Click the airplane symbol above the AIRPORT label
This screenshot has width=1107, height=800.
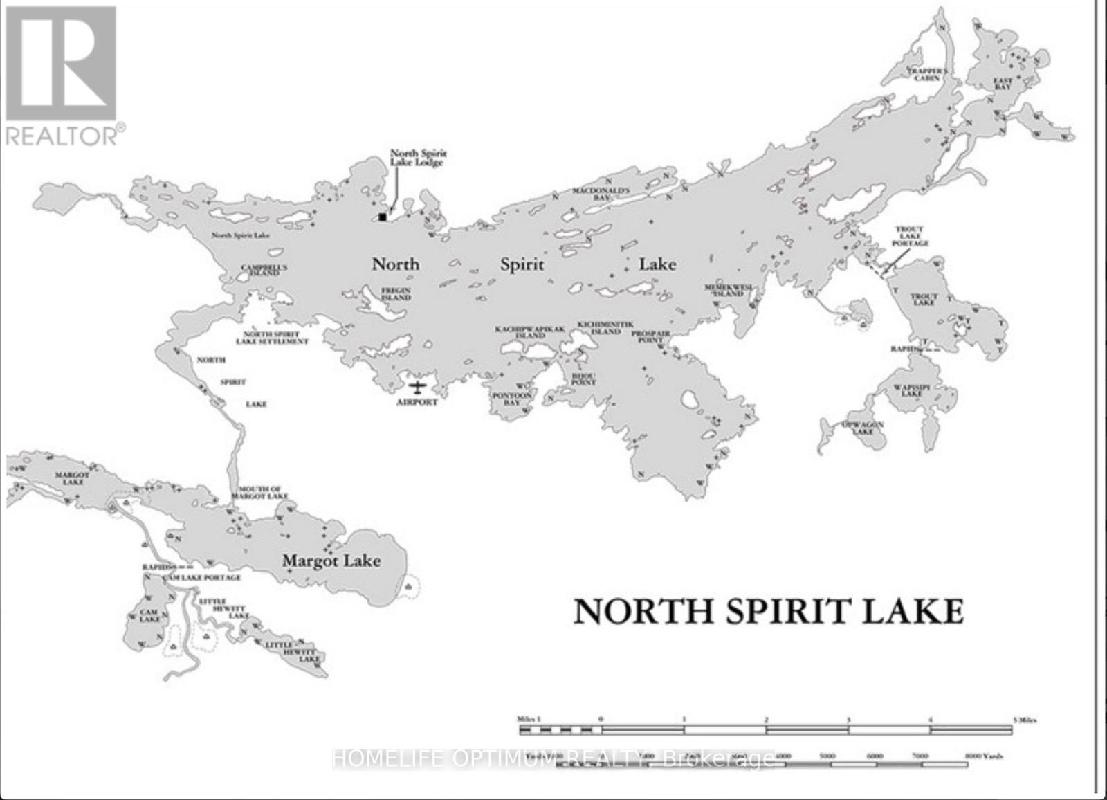pyautogui.click(x=417, y=387)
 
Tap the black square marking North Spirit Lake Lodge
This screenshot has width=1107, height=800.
pyautogui.click(x=383, y=217)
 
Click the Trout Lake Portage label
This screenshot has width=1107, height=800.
pyautogui.click(x=909, y=236)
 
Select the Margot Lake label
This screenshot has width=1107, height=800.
pyautogui.click(x=331, y=561)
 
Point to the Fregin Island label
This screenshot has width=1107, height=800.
pyautogui.click(x=396, y=294)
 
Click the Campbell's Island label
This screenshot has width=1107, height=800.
pyautogui.click(x=264, y=270)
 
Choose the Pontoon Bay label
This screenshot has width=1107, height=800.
pyautogui.click(x=511, y=399)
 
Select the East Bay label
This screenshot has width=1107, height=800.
pyautogui.click(x=1003, y=84)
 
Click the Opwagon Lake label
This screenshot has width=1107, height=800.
pyautogui.click(x=862, y=428)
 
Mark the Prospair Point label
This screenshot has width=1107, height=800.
pyautogui.click(x=650, y=336)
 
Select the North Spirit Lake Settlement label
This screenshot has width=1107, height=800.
pyautogui.click(x=272, y=338)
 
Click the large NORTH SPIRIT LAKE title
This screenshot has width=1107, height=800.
pyautogui.click(x=768, y=612)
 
